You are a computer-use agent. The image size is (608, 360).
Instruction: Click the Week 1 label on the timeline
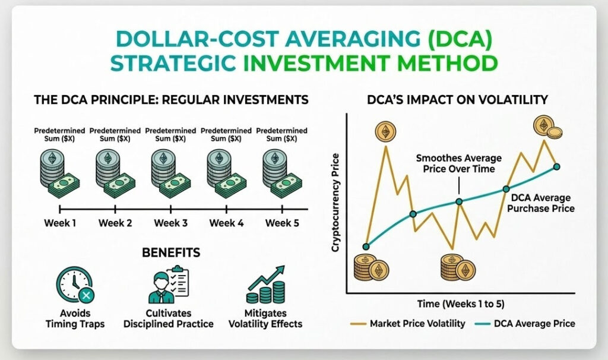tap(60, 223)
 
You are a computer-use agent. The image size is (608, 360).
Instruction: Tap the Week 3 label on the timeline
tap(171, 223)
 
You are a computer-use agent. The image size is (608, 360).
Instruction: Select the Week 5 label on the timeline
tap(282, 223)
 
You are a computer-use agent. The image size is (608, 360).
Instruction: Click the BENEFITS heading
tap(171, 253)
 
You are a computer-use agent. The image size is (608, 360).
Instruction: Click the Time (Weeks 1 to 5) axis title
tap(461, 304)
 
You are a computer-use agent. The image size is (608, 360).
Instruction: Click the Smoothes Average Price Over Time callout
tap(458, 164)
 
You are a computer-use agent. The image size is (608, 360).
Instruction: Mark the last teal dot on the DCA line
tap(557, 166)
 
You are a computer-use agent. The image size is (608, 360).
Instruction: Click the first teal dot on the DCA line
tap(366, 247)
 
